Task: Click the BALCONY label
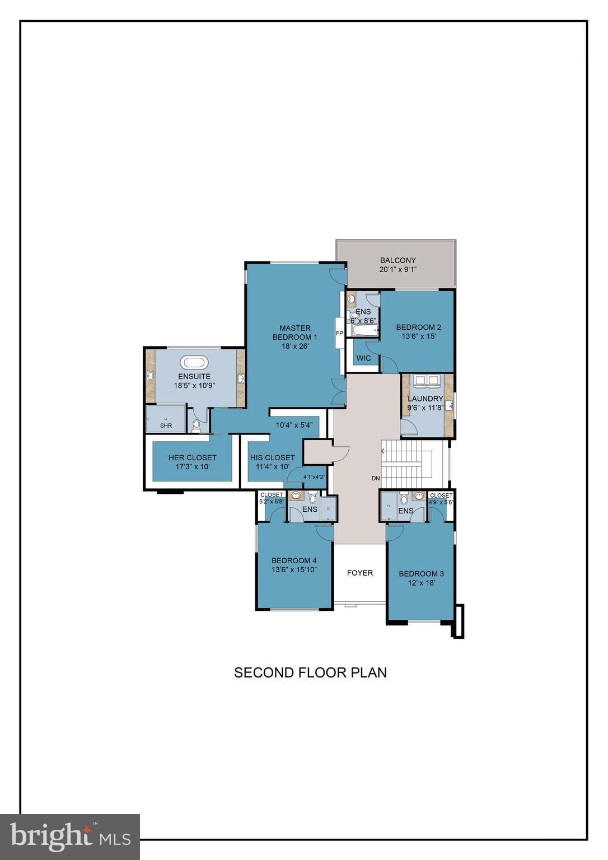pos(397,260)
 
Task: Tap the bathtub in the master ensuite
pos(194,362)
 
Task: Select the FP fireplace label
pos(339,333)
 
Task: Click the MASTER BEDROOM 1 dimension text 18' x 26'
pos(295,346)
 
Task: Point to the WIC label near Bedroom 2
pos(363,358)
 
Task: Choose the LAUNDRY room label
pos(425,399)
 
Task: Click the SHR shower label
pos(166,426)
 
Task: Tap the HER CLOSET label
pos(192,457)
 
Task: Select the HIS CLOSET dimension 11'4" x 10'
pos(273,467)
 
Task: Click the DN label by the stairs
pos(376,478)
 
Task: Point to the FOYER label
pos(359,572)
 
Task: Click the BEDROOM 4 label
pos(294,560)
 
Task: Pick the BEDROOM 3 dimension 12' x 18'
pos(421,582)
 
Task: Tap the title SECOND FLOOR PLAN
pos(310,672)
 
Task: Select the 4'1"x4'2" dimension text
pos(314,477)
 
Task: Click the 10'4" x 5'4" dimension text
pos(294,425)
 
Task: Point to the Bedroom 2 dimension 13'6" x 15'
pos(418,336)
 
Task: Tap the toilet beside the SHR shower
pos(196,426)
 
